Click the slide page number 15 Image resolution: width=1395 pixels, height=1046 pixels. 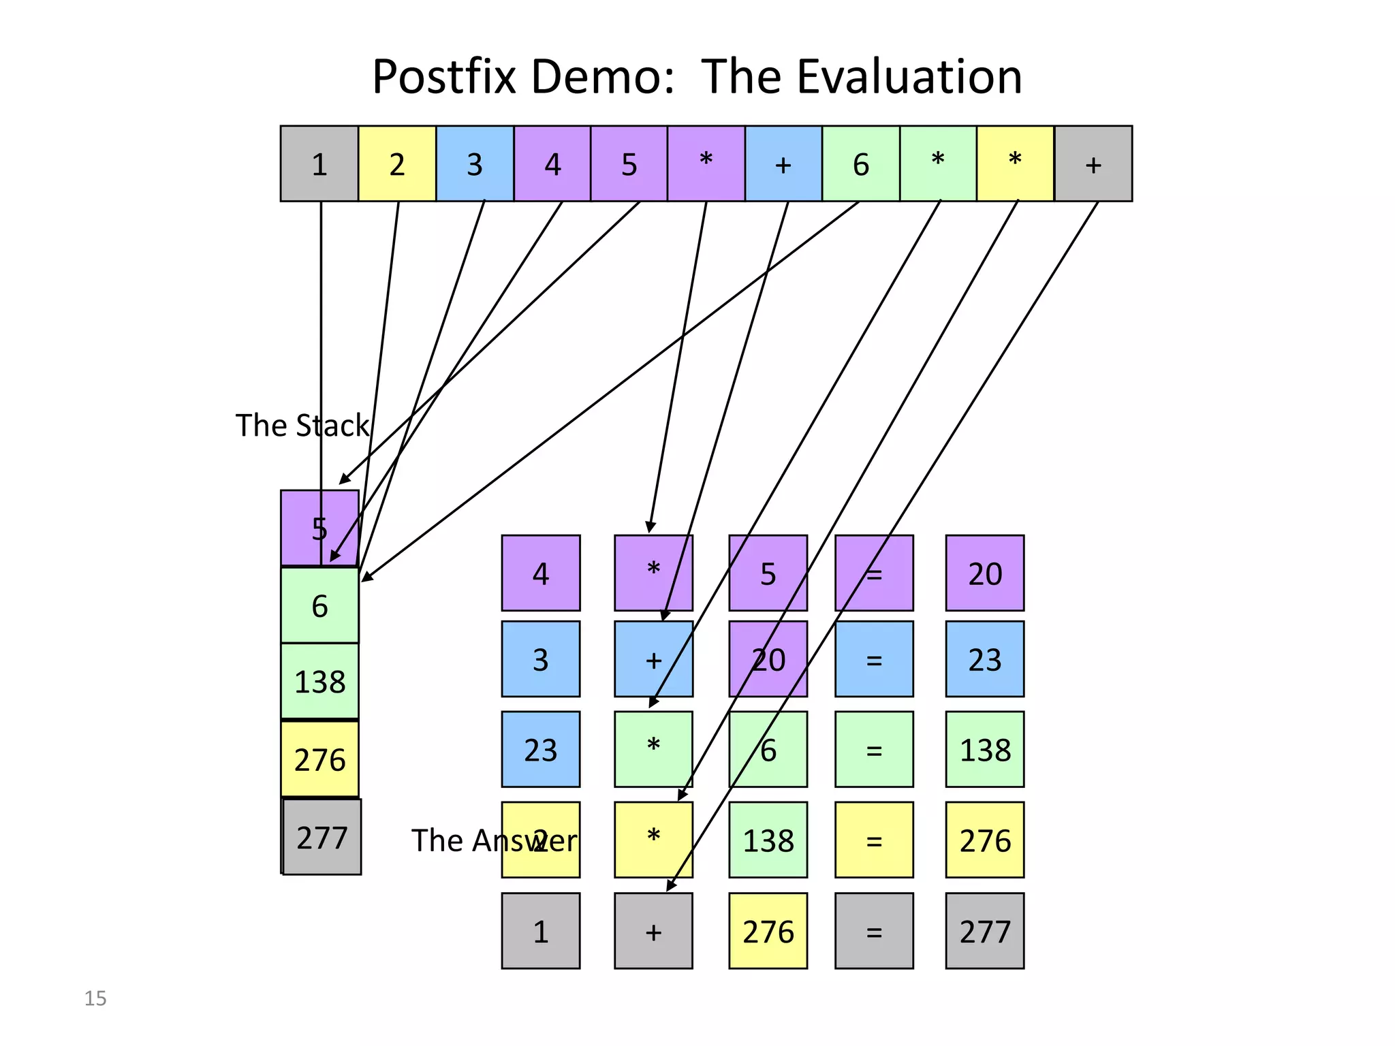click(95, 998)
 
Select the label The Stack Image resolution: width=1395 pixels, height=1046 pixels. click(302, 426)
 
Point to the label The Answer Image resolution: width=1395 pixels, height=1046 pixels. click(494, 840)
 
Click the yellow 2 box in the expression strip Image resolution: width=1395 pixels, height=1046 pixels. click(397, 164)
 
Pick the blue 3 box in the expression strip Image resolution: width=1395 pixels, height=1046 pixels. click(475, 164)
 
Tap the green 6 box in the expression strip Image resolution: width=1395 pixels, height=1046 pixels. click(861, 164)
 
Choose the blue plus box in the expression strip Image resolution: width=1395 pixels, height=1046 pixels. click(783, 164)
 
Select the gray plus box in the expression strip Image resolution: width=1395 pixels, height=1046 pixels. click(1093, 164)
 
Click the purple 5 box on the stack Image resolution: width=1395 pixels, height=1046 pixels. click(319, 528)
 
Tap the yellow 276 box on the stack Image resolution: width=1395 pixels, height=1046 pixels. click(319, 759)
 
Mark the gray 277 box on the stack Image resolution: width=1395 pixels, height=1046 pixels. click(322, 837)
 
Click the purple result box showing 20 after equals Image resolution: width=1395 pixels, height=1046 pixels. click(985, 573)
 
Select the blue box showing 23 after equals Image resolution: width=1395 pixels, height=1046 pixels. click(985, 659)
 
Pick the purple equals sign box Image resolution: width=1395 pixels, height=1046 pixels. click(874, 573)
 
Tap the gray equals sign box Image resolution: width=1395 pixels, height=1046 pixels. click(874, 931)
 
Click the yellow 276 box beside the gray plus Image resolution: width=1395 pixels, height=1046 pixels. click(768, 931)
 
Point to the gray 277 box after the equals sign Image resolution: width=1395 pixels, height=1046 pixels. click(985, 931)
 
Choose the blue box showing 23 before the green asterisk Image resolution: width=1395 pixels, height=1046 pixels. click(541, 749)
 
